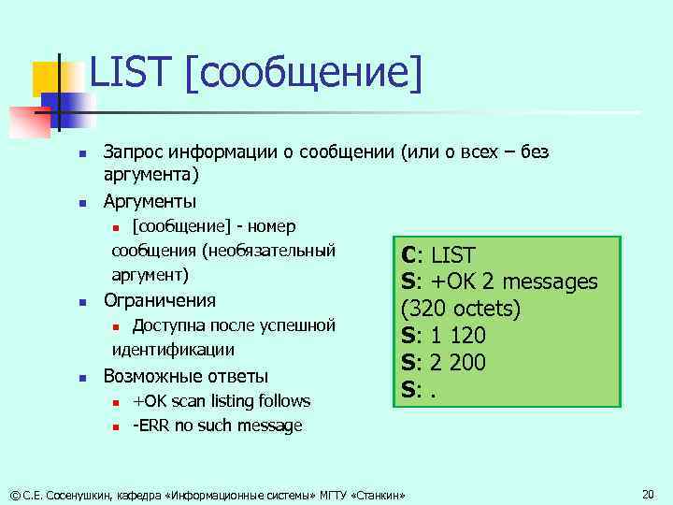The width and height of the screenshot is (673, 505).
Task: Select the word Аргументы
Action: (150, 201)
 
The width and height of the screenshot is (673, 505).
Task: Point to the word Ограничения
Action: (159, 300)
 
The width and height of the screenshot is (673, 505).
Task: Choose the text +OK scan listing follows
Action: (221, 401)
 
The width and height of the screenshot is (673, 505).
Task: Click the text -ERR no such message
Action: (217, 426)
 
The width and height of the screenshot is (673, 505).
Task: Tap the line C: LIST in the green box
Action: (438, 254)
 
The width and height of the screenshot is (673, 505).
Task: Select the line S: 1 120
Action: (443, 335)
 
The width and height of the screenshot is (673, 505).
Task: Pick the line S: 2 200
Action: (443, 362)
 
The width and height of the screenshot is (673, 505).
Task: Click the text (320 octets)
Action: (460, 308)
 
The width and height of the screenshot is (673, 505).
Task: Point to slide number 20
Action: (649, 493)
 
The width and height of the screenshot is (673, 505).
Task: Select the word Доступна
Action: (167, 325)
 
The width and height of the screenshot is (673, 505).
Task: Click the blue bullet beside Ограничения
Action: (81, 302)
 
